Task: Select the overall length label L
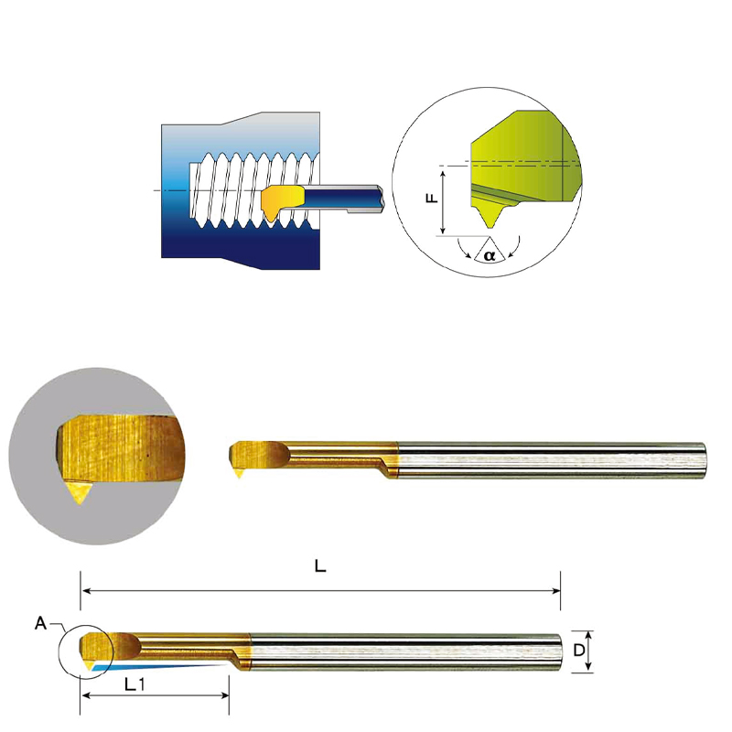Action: click(x=319, y=566)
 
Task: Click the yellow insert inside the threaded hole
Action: click(x=281, y=200)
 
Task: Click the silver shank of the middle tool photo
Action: click(x=549, y=457)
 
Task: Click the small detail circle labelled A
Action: click(x=84, y=651)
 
